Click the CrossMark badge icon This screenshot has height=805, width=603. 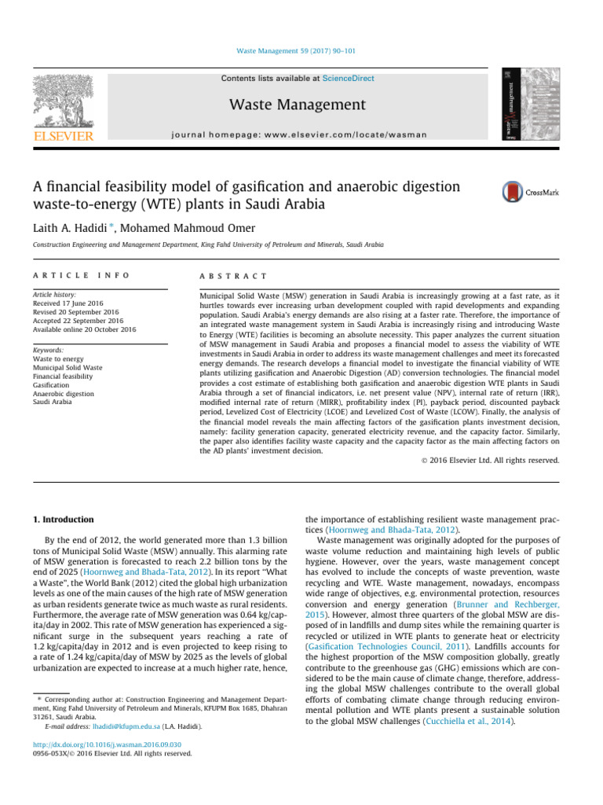tap(513, 192)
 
